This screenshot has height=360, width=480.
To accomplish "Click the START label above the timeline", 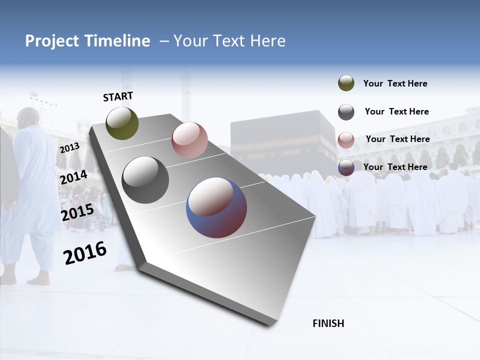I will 118,96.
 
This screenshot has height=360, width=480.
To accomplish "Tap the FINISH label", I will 328,323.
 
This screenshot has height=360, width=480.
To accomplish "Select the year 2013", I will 69,148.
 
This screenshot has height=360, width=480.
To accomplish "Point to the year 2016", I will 85,252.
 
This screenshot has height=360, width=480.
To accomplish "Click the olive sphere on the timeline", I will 122,123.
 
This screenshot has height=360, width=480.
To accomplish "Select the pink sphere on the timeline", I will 189,140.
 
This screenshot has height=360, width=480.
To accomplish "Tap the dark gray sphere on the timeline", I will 145,180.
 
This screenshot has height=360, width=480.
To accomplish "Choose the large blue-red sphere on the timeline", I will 216,207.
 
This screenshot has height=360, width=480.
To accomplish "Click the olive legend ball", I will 346,83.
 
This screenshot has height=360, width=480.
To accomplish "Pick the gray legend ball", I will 346,112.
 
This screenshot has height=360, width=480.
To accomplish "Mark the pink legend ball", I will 346,140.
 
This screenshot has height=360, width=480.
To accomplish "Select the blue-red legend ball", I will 346,167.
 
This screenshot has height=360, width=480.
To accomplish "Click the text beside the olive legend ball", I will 395,83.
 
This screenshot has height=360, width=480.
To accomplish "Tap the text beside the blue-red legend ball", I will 395,167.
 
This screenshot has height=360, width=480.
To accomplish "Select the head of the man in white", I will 28,117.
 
